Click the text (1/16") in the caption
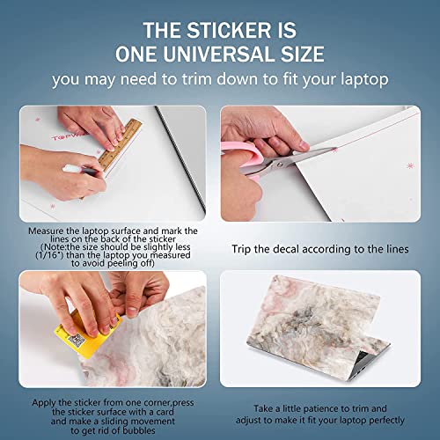pos(45,253)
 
